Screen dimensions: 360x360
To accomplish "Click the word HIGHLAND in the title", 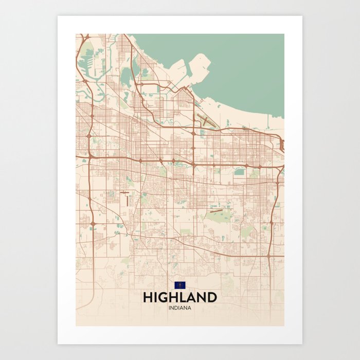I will click(x=179, y=298).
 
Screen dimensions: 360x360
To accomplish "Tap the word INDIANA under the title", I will click(x=179, y=308).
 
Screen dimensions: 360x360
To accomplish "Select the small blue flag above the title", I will click(x=179, y=285).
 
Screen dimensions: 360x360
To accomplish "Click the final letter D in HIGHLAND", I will click(x=211, y=298).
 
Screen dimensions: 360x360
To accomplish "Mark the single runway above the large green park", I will click(x=215, y=210).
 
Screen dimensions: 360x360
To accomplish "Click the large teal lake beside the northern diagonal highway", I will click(x=126, y=77).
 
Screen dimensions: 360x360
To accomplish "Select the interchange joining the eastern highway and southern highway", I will click(x=269, y=255).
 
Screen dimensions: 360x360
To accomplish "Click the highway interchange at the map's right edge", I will click(x=281, y=146).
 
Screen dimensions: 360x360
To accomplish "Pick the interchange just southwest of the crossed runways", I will click(x=194, y=133).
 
